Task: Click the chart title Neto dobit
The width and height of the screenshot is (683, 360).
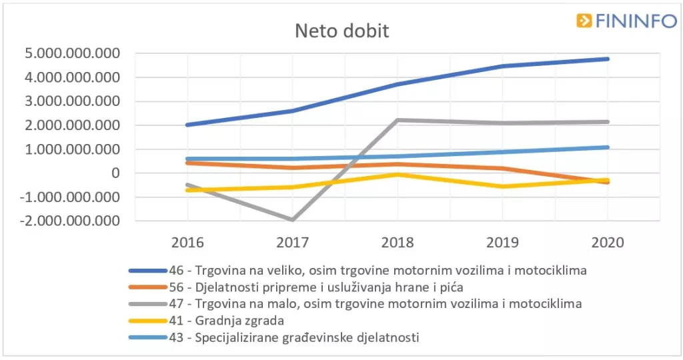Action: coord(341,31)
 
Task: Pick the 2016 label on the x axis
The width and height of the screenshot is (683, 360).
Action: coord(187,242)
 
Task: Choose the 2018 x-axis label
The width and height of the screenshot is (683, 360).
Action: coord(398,242)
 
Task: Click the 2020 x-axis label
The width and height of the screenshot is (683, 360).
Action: coord(608,242)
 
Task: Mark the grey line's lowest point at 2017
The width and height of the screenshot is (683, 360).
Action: coord(292,219)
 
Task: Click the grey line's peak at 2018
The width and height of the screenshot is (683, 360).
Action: coord(398,120)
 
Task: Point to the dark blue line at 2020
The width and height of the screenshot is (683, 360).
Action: coord(608,59)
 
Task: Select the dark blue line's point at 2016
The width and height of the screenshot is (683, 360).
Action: coord(187,125)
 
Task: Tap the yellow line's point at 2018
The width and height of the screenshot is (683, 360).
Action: coord(398,175)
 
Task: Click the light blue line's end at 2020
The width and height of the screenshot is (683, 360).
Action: coord(608,147)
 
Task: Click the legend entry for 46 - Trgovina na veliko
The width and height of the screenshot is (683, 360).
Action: coord(357,270)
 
